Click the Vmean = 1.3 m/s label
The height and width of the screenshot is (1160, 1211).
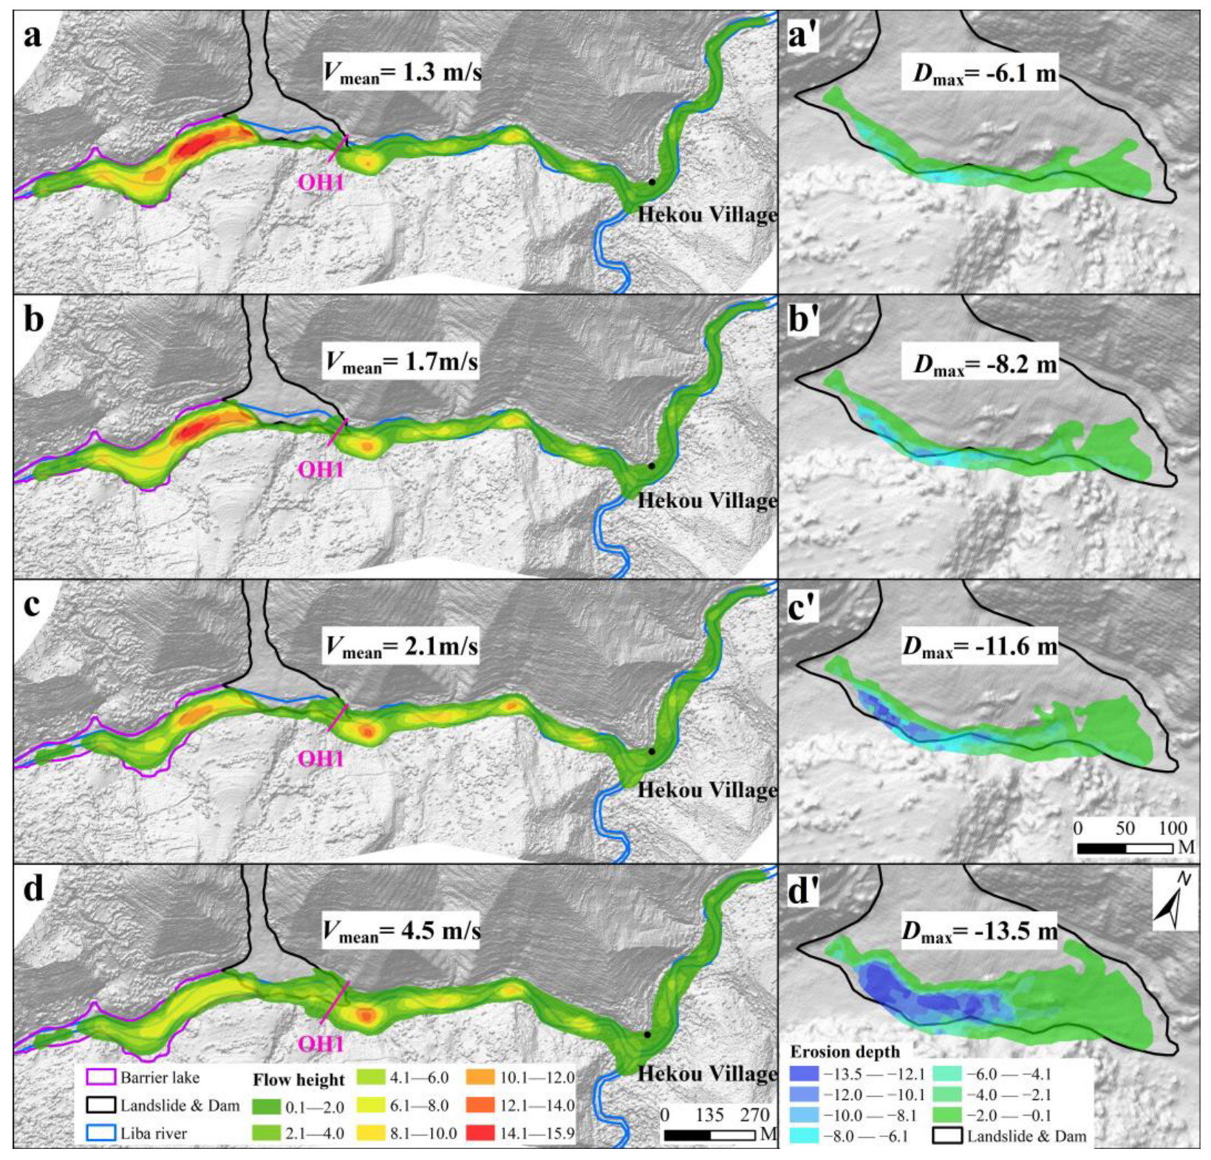tap(402, 73)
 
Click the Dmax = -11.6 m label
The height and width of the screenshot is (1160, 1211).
tap(980, 646)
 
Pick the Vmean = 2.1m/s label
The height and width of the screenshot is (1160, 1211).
tap(401, 647)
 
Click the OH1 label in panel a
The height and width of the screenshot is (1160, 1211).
tap(321, 182)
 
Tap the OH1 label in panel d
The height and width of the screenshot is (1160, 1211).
tap(321, 1043)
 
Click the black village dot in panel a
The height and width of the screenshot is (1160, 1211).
tap(651, 182)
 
